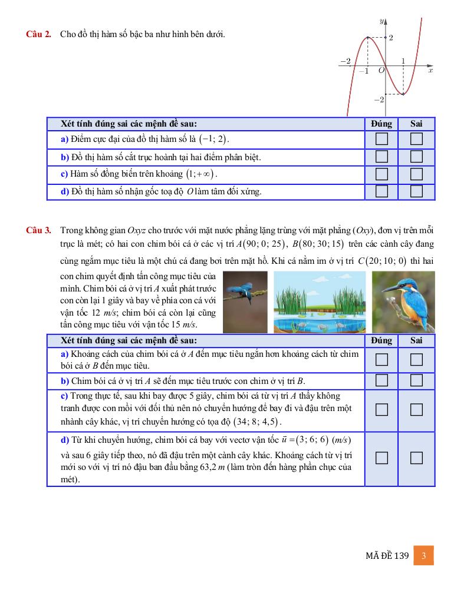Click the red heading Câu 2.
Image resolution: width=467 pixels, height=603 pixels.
coord(38,34)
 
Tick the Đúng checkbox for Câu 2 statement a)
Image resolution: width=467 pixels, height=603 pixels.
coord(382,140)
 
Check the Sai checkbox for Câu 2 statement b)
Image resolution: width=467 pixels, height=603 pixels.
coord(417,157)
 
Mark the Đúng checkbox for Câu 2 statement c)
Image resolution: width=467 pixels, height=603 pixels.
coord(382,174)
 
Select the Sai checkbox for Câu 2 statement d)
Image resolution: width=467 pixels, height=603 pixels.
coord(417,191)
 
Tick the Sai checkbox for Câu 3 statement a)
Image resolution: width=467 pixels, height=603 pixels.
coord(417,359)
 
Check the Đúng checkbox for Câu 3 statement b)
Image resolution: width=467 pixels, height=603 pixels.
coord(382,380)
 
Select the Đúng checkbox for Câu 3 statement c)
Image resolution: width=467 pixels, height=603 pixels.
coord(382,409)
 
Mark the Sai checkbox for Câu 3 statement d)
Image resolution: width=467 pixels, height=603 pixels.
coord(417,458)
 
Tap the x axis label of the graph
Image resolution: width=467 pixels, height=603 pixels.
coord(430,71)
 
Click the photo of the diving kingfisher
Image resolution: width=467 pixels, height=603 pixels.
coord(245,301)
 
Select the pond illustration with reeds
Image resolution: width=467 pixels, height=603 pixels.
coord(319,301)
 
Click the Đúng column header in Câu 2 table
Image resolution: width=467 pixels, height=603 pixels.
coord(382,124)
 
